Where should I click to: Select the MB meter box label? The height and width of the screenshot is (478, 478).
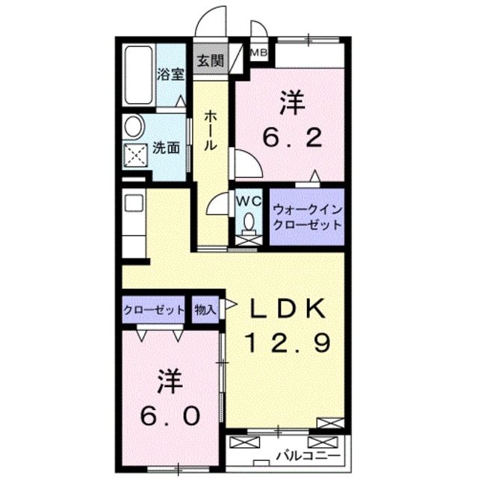click(x=259, y=52)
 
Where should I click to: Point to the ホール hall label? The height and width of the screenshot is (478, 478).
click(x=210, y=130)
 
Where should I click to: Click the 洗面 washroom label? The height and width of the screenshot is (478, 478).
click(x=166, y=148)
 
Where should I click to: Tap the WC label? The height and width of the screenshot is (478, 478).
click(x=247, y=201)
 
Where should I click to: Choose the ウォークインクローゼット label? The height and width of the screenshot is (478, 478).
click(x=306, y=217)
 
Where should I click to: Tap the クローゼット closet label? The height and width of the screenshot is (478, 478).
click(x=153, y=309)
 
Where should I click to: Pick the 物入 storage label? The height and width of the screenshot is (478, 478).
click(x=204, y=309)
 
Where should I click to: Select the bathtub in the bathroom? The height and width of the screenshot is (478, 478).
click(x=139, y=75)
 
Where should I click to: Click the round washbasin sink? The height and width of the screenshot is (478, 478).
click(x=134, y=126)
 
